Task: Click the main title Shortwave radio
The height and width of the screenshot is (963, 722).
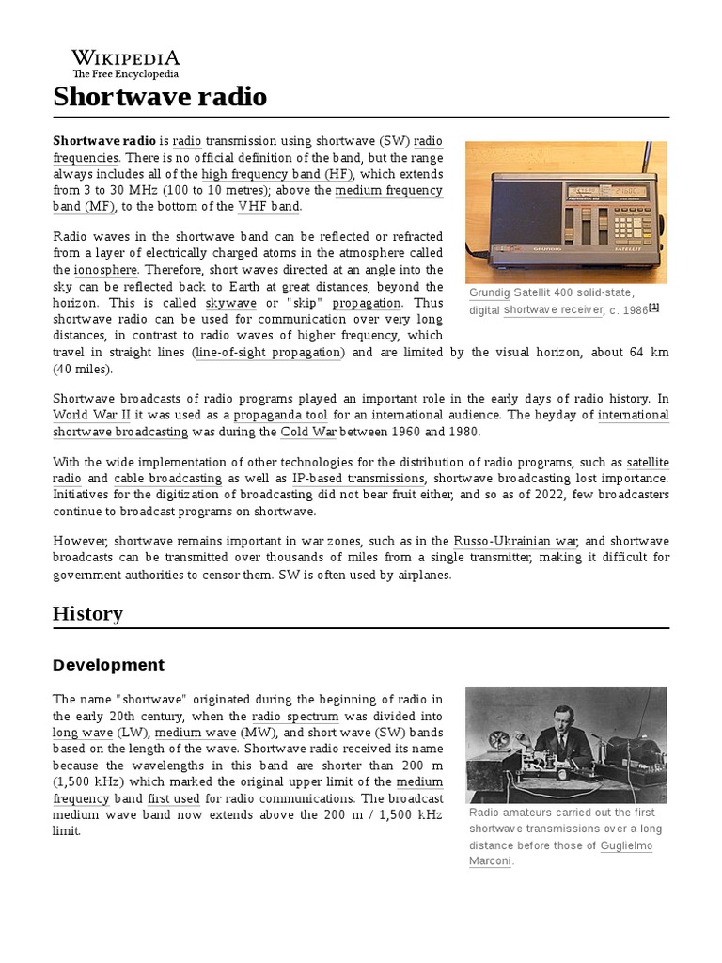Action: [160, 96]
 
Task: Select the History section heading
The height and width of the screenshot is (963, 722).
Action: [87, 614]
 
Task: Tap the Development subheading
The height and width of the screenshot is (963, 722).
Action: [108, 665]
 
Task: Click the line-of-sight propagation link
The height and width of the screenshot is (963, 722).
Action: [269, 352]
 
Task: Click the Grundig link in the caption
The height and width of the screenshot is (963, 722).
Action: [488, 293]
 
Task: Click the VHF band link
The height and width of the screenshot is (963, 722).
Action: [269, 207]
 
